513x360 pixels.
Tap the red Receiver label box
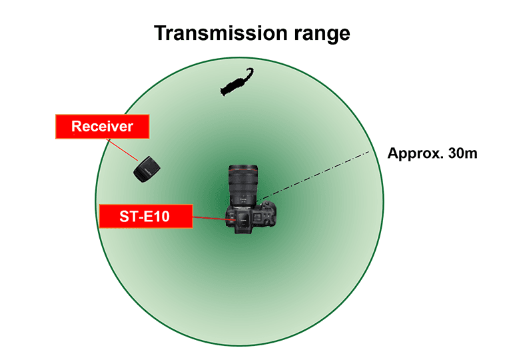point(103,127)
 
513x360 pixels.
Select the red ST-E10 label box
point(146,216)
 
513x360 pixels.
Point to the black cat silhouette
point(237,83)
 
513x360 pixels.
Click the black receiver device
point(147,169)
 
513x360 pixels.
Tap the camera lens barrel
point(243,185)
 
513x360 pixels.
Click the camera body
point(251,217)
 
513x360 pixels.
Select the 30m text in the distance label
point(462,153)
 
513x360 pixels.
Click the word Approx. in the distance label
point(415,154)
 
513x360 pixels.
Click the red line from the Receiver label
point(122,149)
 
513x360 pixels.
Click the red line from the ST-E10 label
point(214,219)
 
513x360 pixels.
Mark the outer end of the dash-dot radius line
point(369,151)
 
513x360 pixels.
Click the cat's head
point(224,91)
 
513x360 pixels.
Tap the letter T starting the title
point(161,33)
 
